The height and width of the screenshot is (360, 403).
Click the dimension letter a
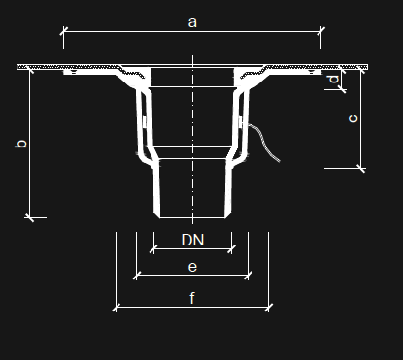tap(192, 22)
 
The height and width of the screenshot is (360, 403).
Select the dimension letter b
tap(21, 144)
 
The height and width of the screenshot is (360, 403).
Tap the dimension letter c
tap(353, 118)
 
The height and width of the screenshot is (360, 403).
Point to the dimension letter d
tap(333, 80)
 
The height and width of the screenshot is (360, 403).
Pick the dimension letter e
tap(192, 267)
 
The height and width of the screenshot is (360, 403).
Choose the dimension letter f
tap(192, 298)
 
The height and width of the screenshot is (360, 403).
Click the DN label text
tap(192, 240)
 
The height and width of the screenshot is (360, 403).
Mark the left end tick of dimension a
tap(63, 31)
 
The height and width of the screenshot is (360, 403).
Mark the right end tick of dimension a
tap(320, 31)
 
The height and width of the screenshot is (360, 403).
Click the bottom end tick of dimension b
tap(29, 217)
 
